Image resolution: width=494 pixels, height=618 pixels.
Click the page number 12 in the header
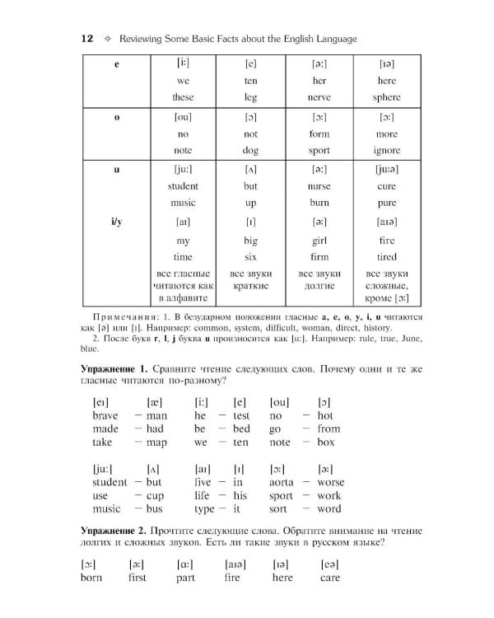coord(86,39)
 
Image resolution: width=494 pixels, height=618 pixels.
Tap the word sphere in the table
coord(386,97)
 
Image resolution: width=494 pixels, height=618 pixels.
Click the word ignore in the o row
coord(386,151)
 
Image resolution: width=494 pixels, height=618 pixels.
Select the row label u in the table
coord(116,169)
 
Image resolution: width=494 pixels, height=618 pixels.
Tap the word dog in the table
coord(251,151)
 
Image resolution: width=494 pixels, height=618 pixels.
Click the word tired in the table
coord(386,257)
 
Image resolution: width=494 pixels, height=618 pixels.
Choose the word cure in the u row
coord(386,186)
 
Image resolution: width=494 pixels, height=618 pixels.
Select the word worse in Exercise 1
coord(330,482)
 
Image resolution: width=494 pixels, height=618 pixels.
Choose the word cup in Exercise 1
coord(155,496)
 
